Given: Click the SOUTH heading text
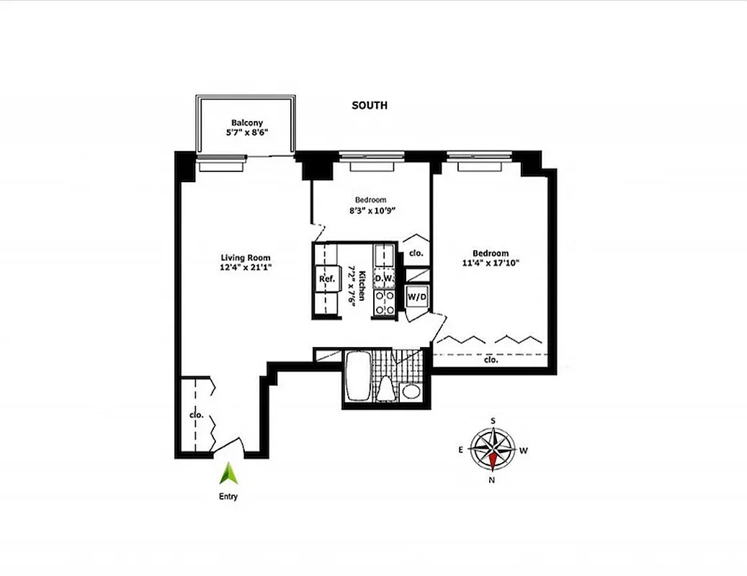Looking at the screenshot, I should pos(369,106).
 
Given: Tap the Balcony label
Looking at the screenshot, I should pos(246,122).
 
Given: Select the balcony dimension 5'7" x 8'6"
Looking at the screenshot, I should pos(246,132).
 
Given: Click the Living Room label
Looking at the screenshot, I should pos(245,258).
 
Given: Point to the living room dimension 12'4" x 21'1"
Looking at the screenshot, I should pos(245,268).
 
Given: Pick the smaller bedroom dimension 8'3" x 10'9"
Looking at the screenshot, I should pos(370,211).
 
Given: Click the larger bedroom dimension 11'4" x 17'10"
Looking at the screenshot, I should pos(491,264).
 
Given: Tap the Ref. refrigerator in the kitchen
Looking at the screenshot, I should pos(325,279).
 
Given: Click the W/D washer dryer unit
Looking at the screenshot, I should pos(416,296).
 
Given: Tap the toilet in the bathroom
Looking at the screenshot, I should pos(386,387).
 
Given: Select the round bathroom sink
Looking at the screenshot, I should pos(411,392).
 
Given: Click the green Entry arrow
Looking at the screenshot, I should pos(229,473).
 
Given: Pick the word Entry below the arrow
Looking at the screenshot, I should pos(229,496).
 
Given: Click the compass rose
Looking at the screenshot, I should pos(493,450).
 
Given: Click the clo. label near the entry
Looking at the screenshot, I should pos(195,415).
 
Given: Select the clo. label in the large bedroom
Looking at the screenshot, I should pos(491,359).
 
